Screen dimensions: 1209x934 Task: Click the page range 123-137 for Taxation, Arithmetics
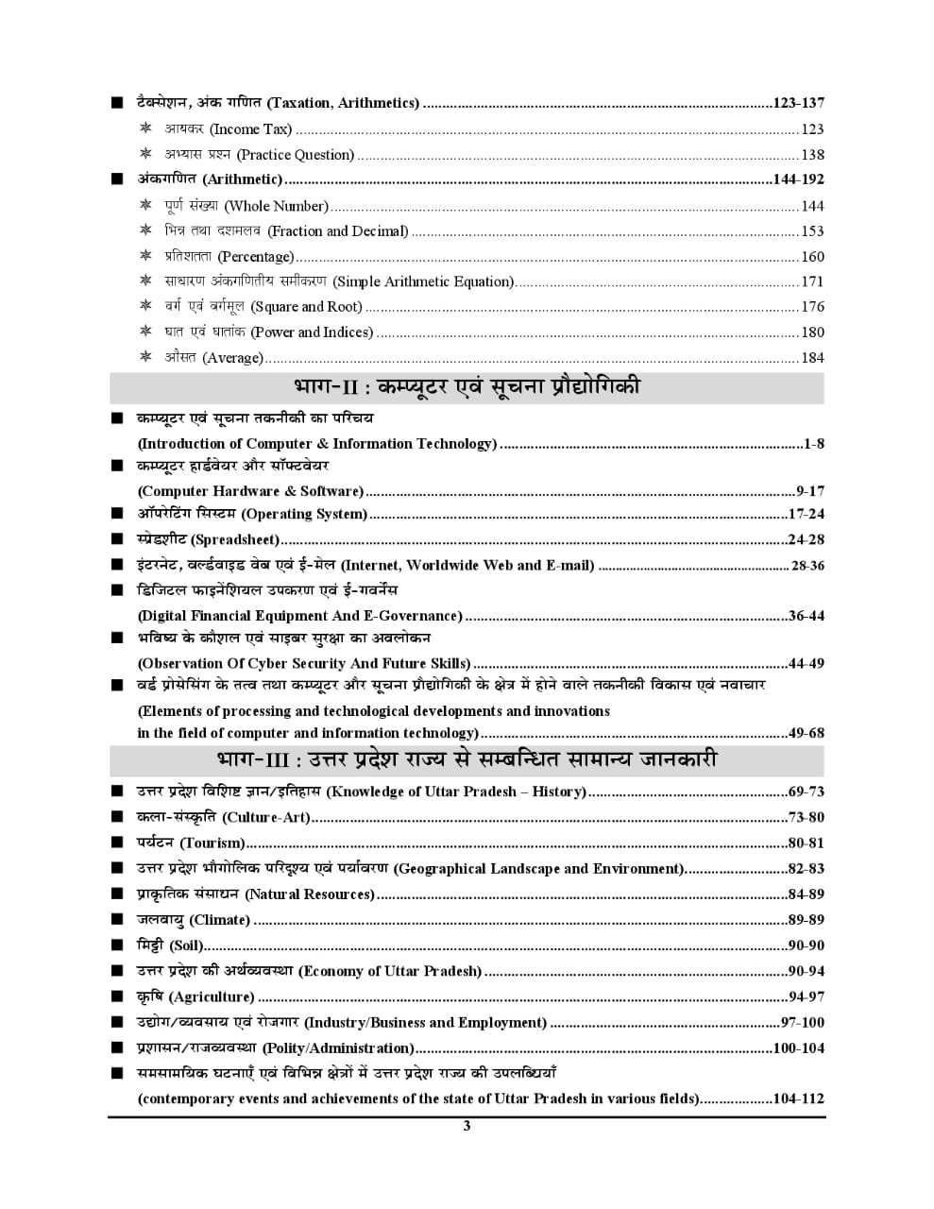[x=798, y=103]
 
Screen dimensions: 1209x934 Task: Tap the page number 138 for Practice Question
[x=812, y=155]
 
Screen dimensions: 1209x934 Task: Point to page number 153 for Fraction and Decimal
[x=812, y=231]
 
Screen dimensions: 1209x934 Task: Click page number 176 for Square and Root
[x=812, y=307]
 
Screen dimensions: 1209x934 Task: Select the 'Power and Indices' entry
[x=268, y=332]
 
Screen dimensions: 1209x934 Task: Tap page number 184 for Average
[x=812, y=358]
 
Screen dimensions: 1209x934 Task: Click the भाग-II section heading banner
[x=467, y=387]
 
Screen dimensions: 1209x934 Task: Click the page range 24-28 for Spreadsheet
[x=806, y=540]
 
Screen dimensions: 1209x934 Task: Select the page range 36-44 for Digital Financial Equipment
[x=806, y=616]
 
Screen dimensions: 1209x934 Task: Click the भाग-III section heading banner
[x=467, y=760]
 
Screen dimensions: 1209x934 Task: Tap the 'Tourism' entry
[x=190, y=843]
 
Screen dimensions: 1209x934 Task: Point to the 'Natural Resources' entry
[x=255, y=894]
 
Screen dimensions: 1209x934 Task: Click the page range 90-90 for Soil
[x=806, y=945]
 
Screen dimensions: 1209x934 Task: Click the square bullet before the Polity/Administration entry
[x=116, y=1047]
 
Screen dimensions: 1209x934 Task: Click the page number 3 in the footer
[x=467, y=1125]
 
